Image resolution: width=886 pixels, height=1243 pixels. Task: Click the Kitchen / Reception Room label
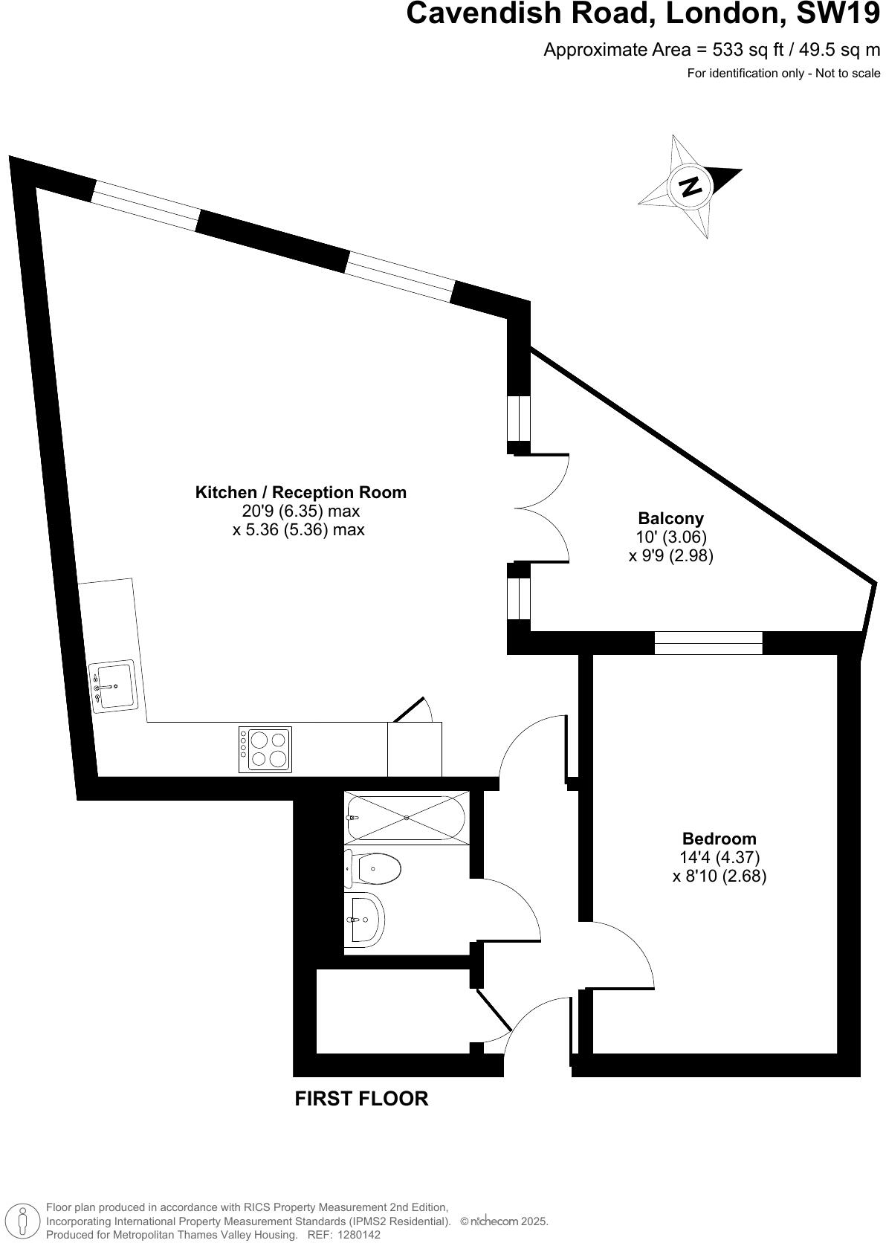click(x=300, y=492)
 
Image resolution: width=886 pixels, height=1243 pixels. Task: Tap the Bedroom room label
click(x=719, y=839)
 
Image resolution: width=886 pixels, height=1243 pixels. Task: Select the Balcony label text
click(x=670, y=518)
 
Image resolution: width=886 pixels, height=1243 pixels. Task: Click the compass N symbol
click(x=691, y=186)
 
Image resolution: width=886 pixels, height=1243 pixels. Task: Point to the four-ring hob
click(x=265, y=749)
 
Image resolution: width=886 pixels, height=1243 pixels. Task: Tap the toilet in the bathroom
click(x=375, y=868)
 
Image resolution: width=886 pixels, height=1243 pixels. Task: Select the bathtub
click(x=407, y=818)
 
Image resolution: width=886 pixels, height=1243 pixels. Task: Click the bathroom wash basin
click(x=364, y=919)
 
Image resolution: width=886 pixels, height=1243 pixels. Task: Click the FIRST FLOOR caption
click(x=361, y=1099)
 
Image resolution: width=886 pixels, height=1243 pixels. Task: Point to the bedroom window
click(x=708, y=642)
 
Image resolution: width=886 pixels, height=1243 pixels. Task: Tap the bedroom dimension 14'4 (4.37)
click(x=720, y=858)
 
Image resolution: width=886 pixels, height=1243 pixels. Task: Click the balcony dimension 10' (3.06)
click(x=671, y=537)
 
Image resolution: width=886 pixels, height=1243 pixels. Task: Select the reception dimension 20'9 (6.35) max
click(x=301, y=511)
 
